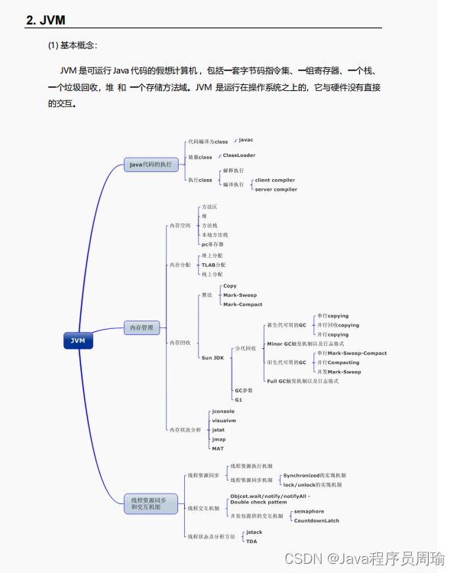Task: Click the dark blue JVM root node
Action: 78,340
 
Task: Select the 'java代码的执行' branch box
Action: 151,164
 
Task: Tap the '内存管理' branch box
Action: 143,328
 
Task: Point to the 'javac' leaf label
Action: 245,140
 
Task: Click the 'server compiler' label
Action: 276,189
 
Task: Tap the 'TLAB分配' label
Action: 213,265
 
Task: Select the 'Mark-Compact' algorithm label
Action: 242,304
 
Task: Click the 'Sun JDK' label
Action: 212,357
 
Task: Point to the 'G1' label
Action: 238,399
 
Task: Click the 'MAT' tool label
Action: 218,448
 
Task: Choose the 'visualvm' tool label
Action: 224,421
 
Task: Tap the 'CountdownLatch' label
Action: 316,520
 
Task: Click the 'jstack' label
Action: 254,532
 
